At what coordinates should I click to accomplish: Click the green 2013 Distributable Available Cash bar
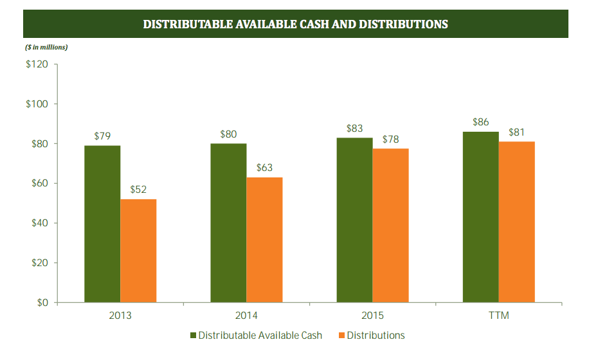[x=102, y=224]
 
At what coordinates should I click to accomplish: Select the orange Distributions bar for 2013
[x=138, y=251]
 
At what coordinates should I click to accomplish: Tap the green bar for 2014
[x=228, y=222]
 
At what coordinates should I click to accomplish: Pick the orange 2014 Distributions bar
[x=264, y=240]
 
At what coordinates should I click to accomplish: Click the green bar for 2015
[x=354, y=220]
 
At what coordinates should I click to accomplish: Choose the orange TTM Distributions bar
[x=516, y=222]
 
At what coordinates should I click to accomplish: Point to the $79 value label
[x=102, y=136]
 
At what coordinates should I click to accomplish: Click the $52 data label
[x=138, y=190]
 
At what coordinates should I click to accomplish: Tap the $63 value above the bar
[x=264, y=168]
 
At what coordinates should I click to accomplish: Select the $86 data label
[x=480, y=122]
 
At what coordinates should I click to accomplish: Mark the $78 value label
[x=390, y=139]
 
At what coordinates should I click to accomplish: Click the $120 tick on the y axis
[x=37, y=64]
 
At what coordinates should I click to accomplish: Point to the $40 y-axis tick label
[x=39, y=223]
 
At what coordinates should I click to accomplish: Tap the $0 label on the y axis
[x=41, y=303]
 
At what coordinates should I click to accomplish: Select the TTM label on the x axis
[x=498, y=316]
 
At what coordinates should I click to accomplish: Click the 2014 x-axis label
[x=246, y=316]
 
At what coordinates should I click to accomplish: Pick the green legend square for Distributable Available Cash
[x=193, y=336]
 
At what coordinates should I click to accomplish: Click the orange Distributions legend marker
[x=341, y=336]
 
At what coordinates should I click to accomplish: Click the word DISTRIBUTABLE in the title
[x=189, y=24]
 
